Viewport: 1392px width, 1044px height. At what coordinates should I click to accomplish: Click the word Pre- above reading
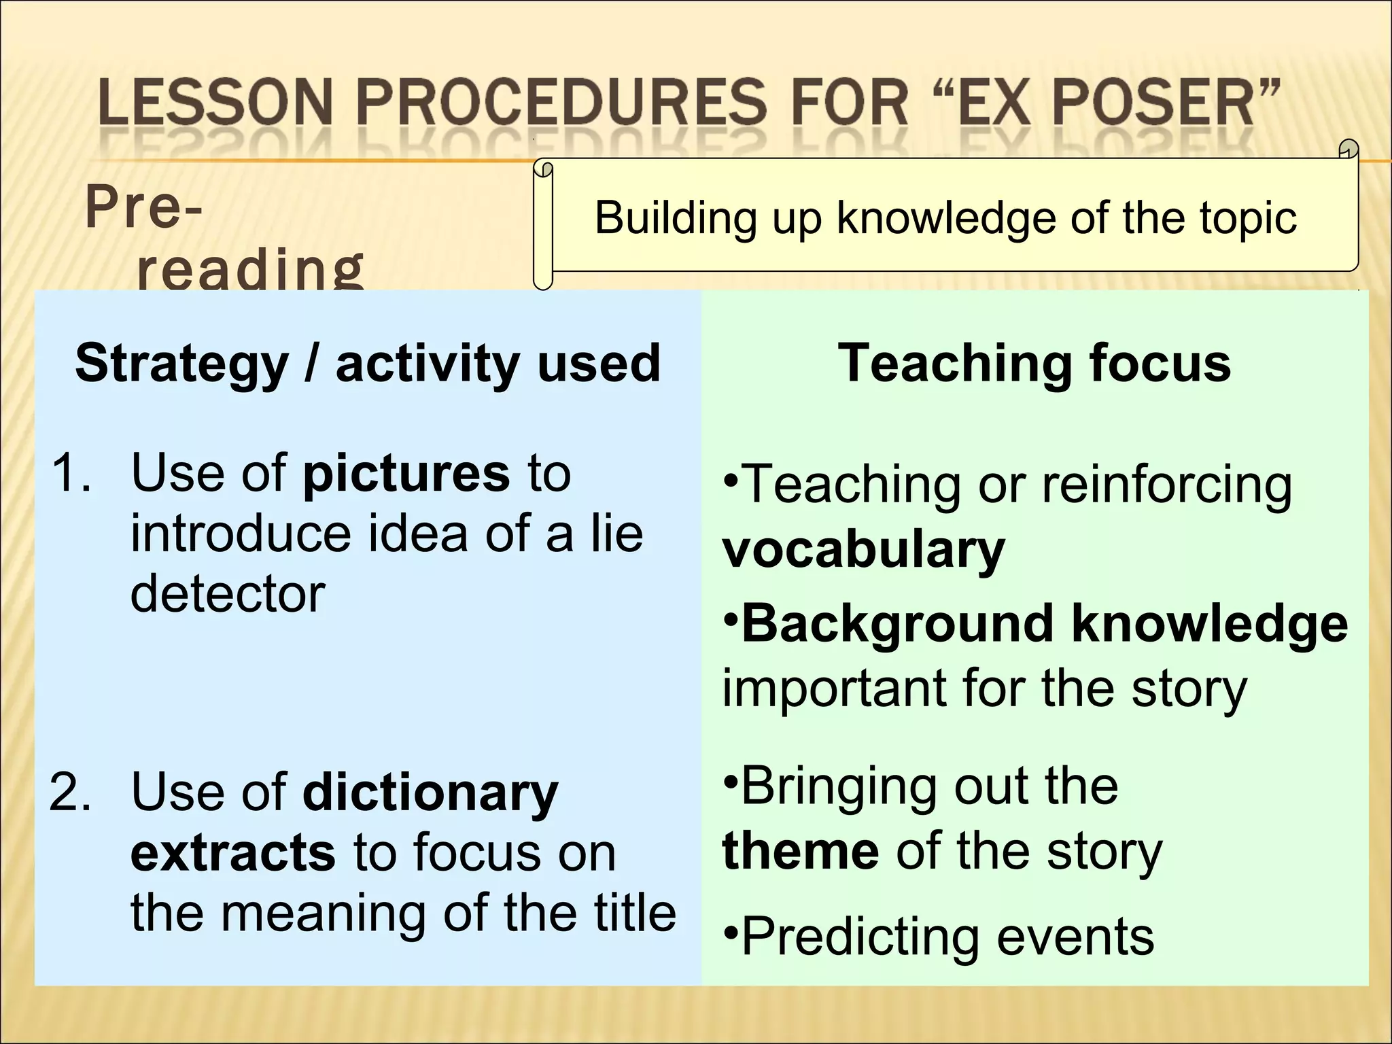[143, 208]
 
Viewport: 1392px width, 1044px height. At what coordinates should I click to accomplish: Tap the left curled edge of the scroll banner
[543, 224]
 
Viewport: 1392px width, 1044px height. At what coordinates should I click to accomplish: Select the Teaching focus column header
[1034, 364]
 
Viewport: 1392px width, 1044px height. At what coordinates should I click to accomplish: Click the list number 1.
[71, 473]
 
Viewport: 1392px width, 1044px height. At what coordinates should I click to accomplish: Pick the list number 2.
[71, 793]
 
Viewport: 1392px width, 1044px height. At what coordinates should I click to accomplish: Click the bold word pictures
[406, 473]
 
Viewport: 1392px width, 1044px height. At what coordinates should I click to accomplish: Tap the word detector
[228, 593]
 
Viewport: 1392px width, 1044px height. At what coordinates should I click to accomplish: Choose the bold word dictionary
[430, 793]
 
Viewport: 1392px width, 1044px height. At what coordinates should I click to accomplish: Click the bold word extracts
[232, 852]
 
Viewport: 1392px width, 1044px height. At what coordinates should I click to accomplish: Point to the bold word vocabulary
[863, 550]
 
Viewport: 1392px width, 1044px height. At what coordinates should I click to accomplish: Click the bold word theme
[801, 851]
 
